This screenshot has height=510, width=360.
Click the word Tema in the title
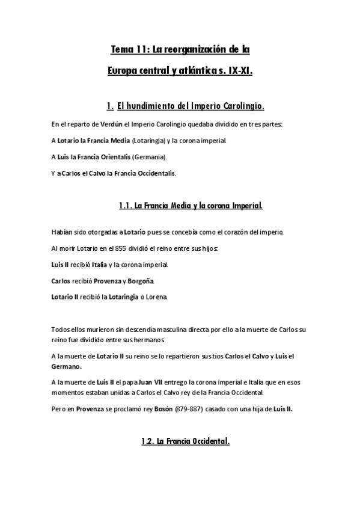(x=121, y=48)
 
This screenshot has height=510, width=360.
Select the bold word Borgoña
(x=141, y=281)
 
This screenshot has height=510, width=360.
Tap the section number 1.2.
(x=147, y=441)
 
